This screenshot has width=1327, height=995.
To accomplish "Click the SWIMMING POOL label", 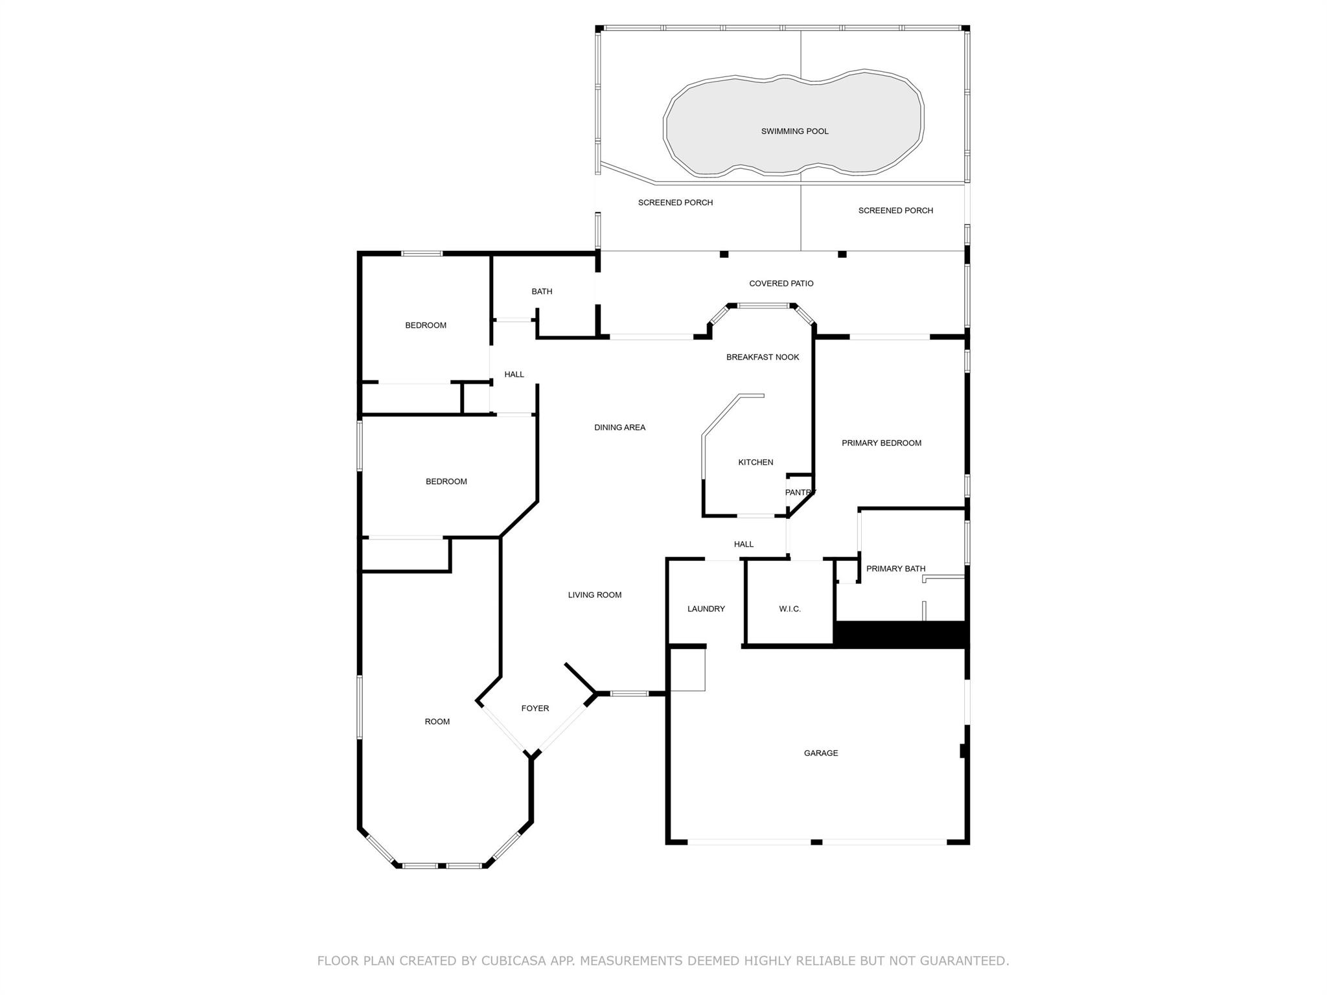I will coord(794,132).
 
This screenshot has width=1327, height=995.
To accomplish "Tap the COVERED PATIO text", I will coord(781,284).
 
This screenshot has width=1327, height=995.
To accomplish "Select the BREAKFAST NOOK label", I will coord(762,358).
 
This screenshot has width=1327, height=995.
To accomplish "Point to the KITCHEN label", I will coord(756,463).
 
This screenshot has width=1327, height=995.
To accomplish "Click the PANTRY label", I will coord(800,493).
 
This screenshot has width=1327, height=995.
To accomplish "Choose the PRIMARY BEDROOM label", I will coord(881,443).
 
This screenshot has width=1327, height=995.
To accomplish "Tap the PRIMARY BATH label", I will coord(895,569).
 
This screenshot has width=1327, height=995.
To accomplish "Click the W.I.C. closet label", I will coord(789,610).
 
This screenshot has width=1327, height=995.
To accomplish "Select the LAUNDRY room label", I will coord(706,610).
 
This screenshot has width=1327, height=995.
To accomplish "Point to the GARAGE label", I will coord(821,753).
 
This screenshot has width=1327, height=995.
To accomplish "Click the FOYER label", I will coord(535,709).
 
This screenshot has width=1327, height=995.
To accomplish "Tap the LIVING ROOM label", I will coord(594,595).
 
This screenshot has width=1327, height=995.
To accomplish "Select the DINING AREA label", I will coord(619,428).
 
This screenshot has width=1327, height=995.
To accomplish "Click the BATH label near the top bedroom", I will coord(542,292).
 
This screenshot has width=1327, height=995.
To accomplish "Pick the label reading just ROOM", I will coord(437,722).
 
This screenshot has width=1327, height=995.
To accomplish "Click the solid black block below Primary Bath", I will coord(901,635).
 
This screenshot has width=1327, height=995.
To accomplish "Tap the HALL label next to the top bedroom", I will coord(514,374).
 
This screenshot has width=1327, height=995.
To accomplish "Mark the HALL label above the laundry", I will coord(743,545).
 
